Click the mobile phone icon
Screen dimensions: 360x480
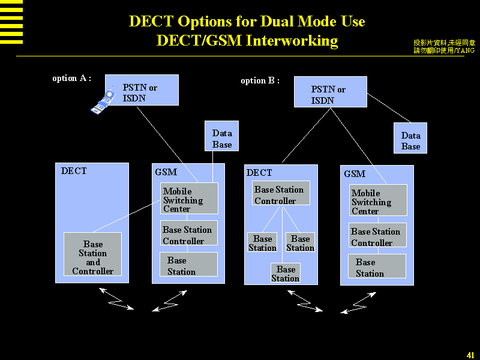[102, 101]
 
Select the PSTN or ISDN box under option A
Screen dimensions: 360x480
[142, 90]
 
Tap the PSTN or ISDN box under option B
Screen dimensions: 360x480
[330, 92]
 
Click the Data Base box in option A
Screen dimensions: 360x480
[222, 136]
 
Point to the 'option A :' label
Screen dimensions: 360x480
[71, 78]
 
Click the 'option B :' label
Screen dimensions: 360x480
[260, 80]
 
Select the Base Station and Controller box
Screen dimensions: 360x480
[92, 254]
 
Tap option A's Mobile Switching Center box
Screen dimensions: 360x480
[189, 199]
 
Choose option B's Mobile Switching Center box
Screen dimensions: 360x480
[378, 200]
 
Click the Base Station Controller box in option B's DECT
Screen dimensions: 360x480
[281, 193]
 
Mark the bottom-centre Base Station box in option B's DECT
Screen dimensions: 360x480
[286, 273]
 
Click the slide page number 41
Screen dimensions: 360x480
[470, 355]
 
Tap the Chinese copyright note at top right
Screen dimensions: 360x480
[444, 46]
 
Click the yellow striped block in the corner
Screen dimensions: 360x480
[11, 22]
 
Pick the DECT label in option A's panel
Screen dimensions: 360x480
[74, 171]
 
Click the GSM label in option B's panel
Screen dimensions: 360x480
[355, 174]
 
